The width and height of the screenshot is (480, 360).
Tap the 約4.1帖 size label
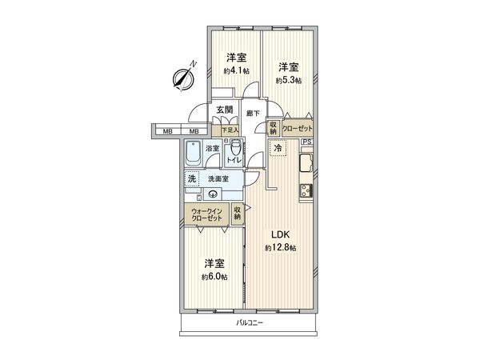(236, 71)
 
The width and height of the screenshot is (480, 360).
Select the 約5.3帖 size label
(288, 80)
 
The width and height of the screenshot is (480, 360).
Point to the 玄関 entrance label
(224, 110)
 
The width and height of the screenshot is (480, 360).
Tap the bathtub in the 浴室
(194, 152)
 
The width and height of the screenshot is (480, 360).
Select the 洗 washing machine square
(192, 179)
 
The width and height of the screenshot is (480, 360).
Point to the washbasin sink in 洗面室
(214, 193)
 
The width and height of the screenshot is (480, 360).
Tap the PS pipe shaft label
(306, 142)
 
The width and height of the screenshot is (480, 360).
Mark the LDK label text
(279, 234)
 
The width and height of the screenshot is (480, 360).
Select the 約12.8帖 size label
(280, 247)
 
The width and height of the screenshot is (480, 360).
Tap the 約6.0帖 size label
(214, 277)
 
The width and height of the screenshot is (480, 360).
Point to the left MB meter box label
(168, 131)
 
